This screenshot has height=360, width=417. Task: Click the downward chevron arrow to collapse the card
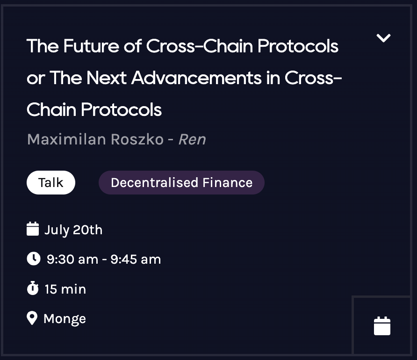point(383,38)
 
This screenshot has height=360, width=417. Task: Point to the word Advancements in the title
point(196,78)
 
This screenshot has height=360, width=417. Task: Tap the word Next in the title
point(106,78)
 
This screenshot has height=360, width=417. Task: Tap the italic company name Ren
point(192,139)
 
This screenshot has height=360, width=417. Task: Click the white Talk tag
point(50,182)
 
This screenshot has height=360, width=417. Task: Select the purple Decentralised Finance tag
point(181,182)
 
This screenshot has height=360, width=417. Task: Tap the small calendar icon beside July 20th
point(33,230)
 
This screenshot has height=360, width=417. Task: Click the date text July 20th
point(73,230)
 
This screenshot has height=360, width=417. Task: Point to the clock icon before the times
point(33,259)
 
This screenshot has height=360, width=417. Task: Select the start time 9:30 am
point(72,259)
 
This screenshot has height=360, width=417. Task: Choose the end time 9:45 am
point(136,259)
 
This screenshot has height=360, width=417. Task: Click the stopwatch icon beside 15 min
point(33,288)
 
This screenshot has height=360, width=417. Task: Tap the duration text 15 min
point(65,289)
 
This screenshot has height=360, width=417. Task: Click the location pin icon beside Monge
point(32,318)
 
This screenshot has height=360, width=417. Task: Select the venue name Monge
point(65,319)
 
